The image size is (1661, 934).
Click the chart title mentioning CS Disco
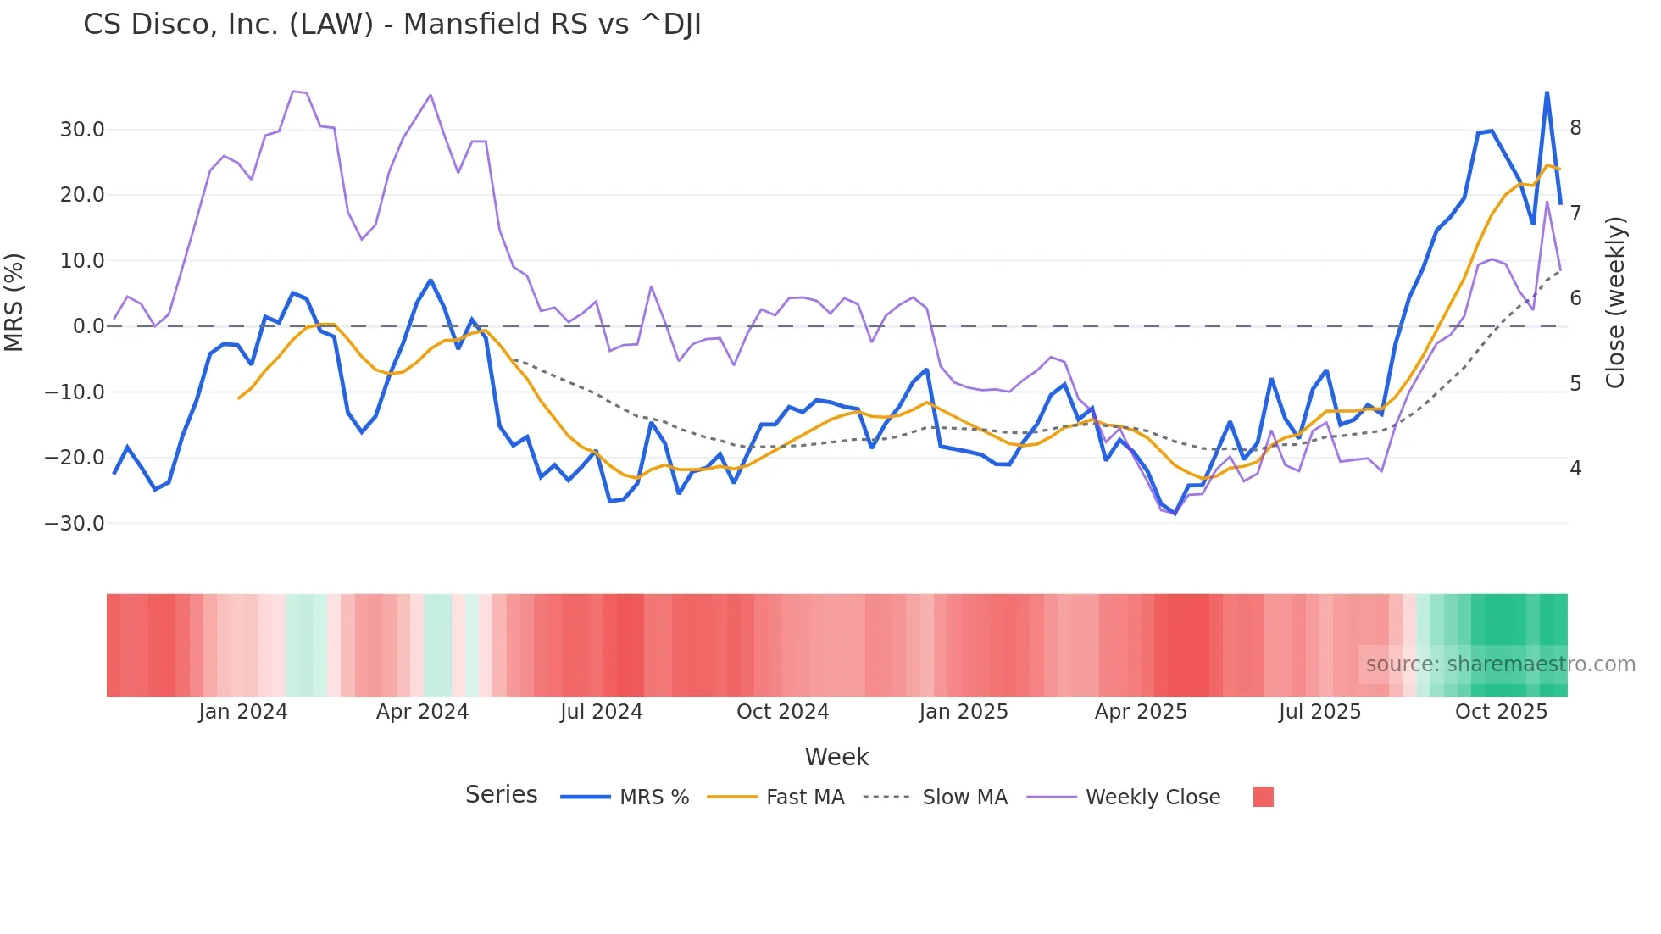(x=392, y=25)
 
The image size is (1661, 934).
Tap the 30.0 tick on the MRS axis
(x=82, y=130)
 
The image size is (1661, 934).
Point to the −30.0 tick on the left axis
(x=75, y=524)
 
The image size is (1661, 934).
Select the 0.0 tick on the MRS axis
(x=89, y=326)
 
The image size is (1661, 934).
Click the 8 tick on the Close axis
(x=1575, y=128)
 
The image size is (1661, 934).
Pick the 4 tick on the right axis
(x=1575, y=469)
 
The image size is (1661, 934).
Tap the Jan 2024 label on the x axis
(x=243, y=712)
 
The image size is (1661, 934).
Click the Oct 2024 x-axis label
(x=782, y=712)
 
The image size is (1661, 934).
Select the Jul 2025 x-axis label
(x=1319, y=712)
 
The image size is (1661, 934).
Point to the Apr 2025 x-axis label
(x=1141, y=712)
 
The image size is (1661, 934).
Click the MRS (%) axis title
(x=14, y=303)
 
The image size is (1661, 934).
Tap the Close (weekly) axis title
(x=1615, y=303)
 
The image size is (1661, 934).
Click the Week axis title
(x=836, y=757)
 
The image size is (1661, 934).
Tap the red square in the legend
(x=1263, y=797)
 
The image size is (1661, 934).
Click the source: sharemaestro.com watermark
(x=1500, y=664)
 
